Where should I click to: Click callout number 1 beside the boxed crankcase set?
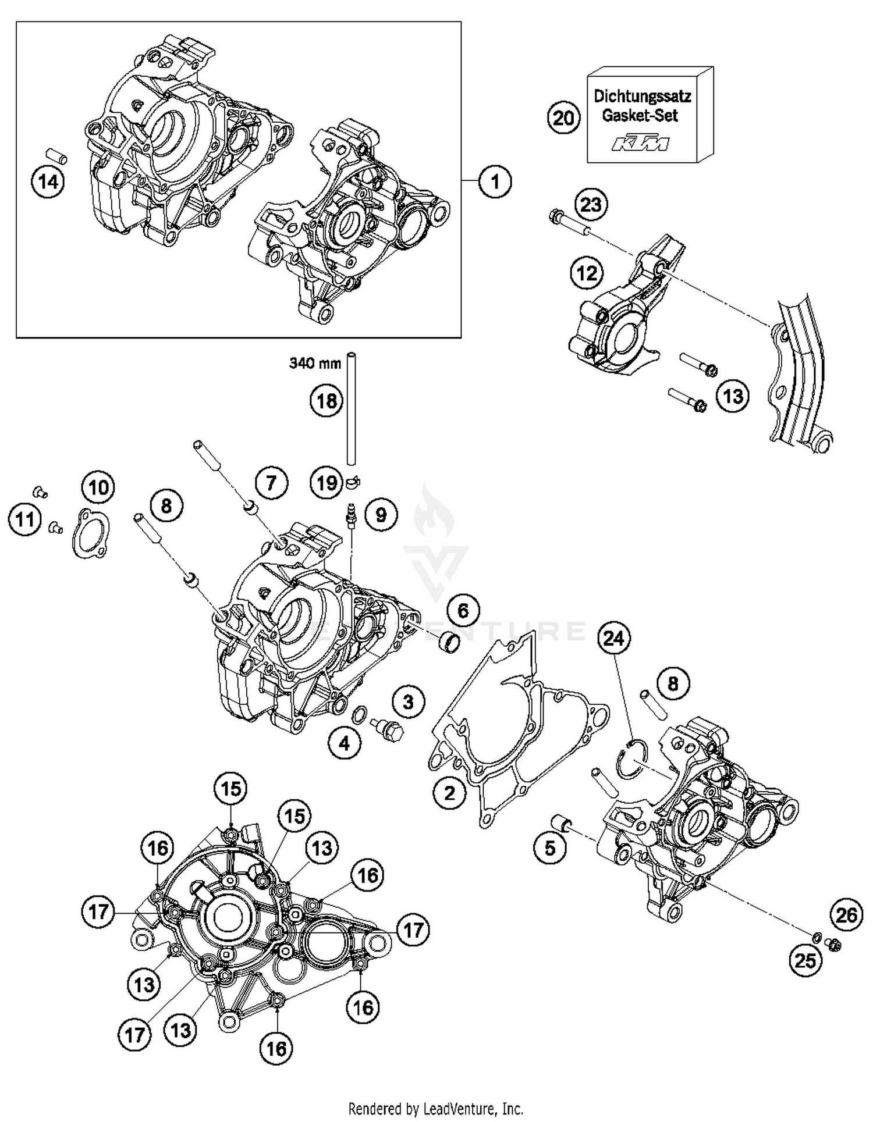pyautogui.click(x=495, y=182)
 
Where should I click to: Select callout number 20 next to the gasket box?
pyautogui.click(x=563, y=119)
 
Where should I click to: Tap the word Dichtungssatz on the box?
pyautogui.click(x=642, y=96)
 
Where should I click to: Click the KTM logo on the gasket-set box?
pyautogui.click(x=640, y=143)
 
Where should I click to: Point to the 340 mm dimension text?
pyautogui.click(x=315, y=364)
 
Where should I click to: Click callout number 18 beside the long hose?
pyautogui.click(x=326, y=401)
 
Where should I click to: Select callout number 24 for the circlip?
pyautogui.click(x=614, y=639)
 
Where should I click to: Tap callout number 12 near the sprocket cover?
pyautogui.click(x=586, y=273)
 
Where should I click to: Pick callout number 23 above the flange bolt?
pyautogui.click(x=591, y=205)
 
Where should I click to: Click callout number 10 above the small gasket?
pyautogui.click(x=98, y=487)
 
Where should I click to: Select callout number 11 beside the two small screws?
pyautogui.click(x=24, y=519)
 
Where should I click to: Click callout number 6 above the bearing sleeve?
pyautogui.click(x=463, y=610)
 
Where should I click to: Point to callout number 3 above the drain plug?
pyautogui.click(x=408, y=701)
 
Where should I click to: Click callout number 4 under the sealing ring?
pyautogui.click(x=345, y=743)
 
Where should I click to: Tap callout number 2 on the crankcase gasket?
pyautogui.click(x=449, y=792)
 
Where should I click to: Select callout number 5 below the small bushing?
pyautogui.click(x=550, y=849)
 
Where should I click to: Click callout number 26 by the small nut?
pyautogui.click(x=846, y=915)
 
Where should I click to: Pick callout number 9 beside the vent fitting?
pyautogui.click(x=380, y=515)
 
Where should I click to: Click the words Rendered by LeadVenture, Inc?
pyautogui.click(x=435, y=1109)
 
